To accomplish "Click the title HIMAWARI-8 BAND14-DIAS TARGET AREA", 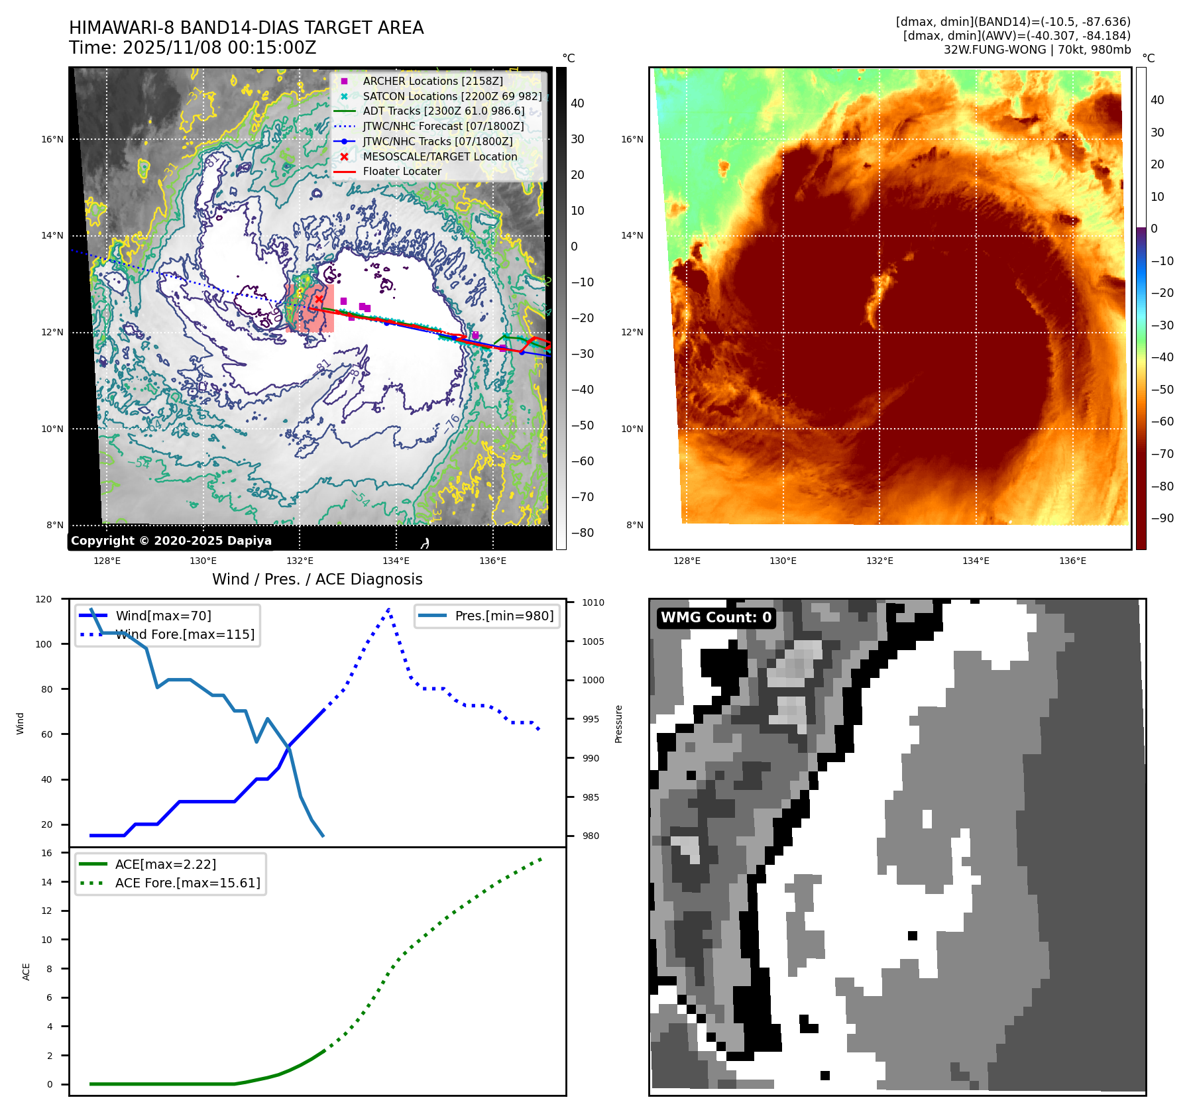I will tap(246, 28).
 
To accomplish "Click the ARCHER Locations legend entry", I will tap(432, 81).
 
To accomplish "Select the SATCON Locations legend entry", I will tap(452, 96).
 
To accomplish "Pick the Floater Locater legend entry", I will tap(402, 171).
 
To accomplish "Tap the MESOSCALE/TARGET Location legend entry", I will tap(439, 156).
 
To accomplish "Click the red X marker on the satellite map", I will tap(319, 300).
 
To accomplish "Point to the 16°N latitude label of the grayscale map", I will tap(52, 139).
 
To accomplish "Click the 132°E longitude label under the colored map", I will tap(879, 561).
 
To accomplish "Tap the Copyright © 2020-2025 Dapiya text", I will tap(171, 541).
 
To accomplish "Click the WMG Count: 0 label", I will tap(716, 618).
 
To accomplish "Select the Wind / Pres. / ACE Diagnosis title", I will tap(317, 579).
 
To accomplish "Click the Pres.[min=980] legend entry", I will tap(504, 616).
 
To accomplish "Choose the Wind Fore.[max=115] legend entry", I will tap(184, 634).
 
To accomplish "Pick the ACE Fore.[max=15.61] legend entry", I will tap(188, 883).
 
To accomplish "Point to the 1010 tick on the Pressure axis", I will tap(593, 602).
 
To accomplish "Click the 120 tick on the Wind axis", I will tap(44, 599).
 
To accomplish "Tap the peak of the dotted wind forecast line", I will tap(388, 608).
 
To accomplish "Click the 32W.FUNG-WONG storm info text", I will tap(1037, 50).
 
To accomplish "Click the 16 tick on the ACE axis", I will tap(47, 853).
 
